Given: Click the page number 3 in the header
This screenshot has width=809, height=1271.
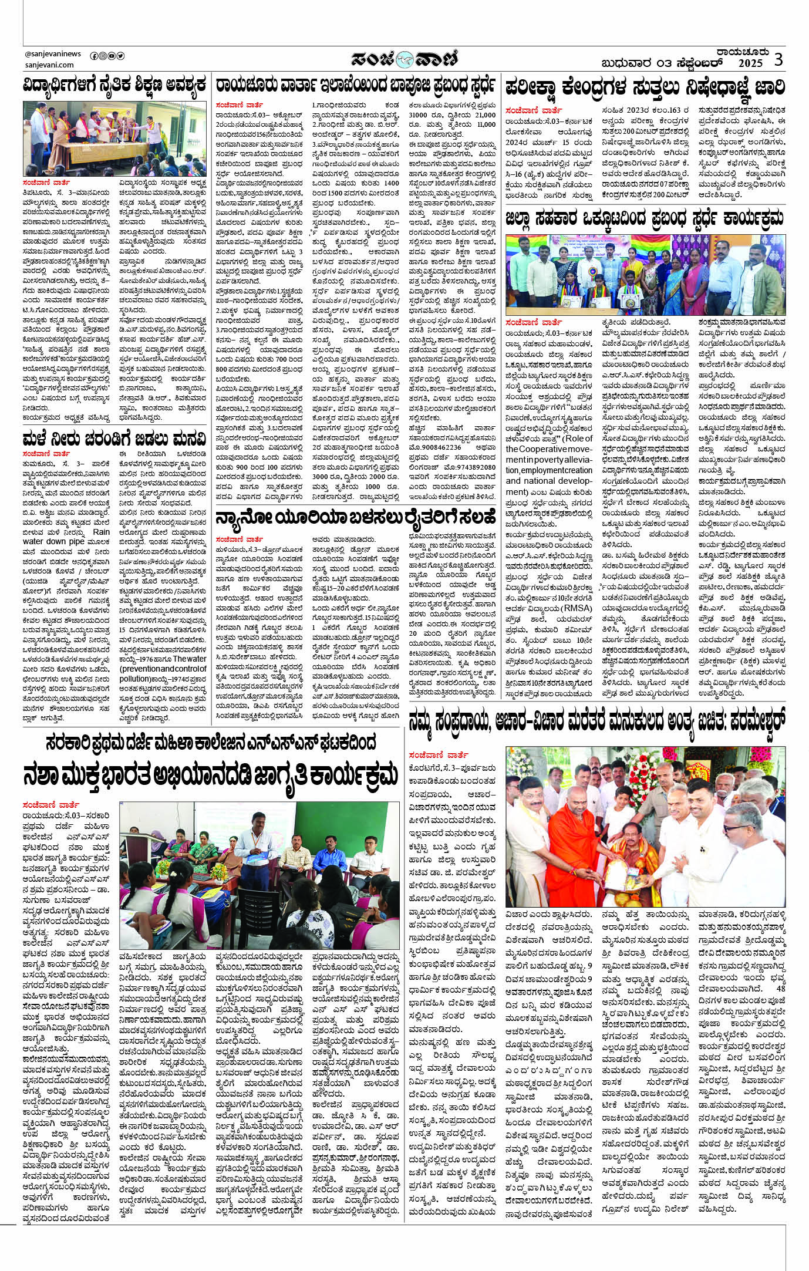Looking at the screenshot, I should (778, 59).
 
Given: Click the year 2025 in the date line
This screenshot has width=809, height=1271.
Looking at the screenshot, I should (750, 63).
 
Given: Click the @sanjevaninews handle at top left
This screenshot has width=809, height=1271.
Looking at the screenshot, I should (53, 54).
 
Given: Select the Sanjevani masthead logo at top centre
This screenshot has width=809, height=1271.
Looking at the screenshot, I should (404, 59).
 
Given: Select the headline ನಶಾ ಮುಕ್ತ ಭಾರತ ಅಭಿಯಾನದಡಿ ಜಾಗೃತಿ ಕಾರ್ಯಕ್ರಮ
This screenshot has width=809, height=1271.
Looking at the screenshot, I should (211, 774).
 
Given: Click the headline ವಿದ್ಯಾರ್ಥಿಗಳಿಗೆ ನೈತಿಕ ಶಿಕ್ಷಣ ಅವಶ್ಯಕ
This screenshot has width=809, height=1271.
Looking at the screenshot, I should (115, 85).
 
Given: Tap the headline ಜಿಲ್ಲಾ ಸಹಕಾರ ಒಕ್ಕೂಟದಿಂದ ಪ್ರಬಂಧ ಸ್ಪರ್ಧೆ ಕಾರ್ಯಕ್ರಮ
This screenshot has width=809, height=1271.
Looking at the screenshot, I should (645, 219).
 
